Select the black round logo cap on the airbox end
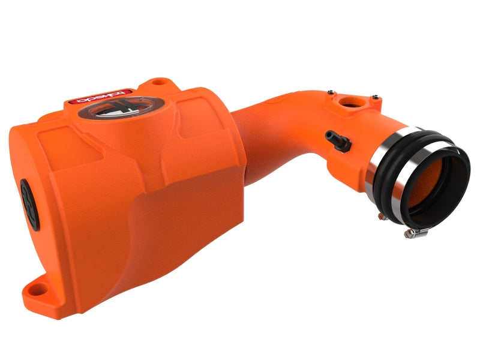[x=29, y=204]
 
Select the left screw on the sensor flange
[x=329, y=92]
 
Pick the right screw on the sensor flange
[x=376, y=99]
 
